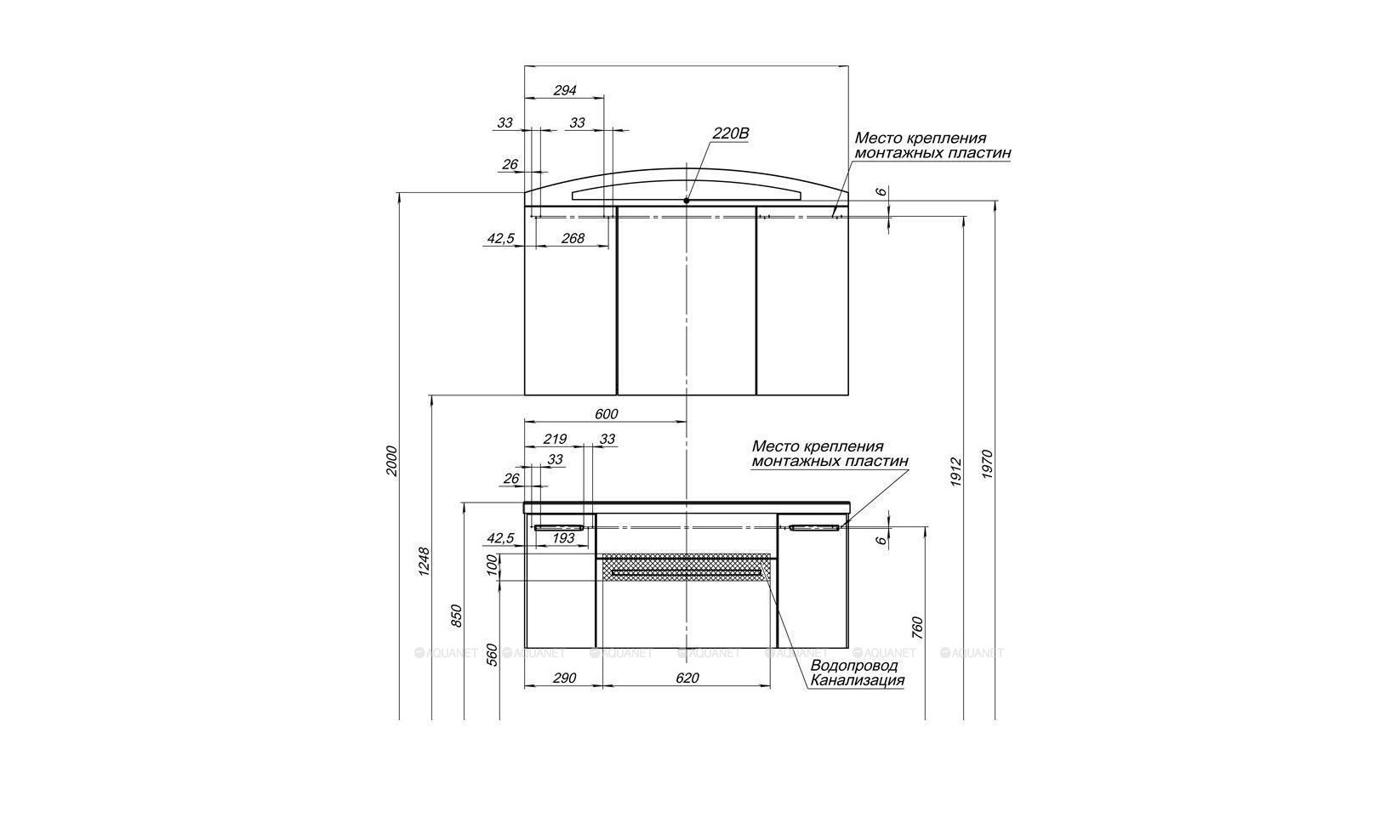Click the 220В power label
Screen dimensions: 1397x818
(730, 133)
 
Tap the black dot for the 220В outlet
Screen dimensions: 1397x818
(686, 201)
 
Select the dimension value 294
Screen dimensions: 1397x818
(565, 90)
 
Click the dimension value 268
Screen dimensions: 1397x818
(573, 238)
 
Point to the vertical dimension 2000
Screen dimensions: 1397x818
(391, 462)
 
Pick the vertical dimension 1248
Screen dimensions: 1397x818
(424, 562)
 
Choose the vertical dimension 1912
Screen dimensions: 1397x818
(956, 473)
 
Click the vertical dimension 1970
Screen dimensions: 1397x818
(987, 464)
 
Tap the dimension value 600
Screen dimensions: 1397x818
(607, 414)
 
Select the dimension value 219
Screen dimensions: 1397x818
(555, 439)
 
